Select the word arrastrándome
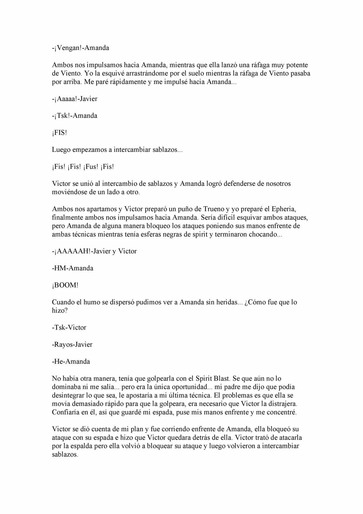(x=147, y=73)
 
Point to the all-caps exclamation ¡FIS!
(x=60, y=133)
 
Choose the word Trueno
(x=214, y=209)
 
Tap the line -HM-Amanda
(x=73, y=268)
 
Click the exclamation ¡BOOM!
(x=65, y=285)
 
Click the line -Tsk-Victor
(x=69, y=327)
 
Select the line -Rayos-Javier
(x=72, y=344)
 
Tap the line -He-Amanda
(x=71, y=362)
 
